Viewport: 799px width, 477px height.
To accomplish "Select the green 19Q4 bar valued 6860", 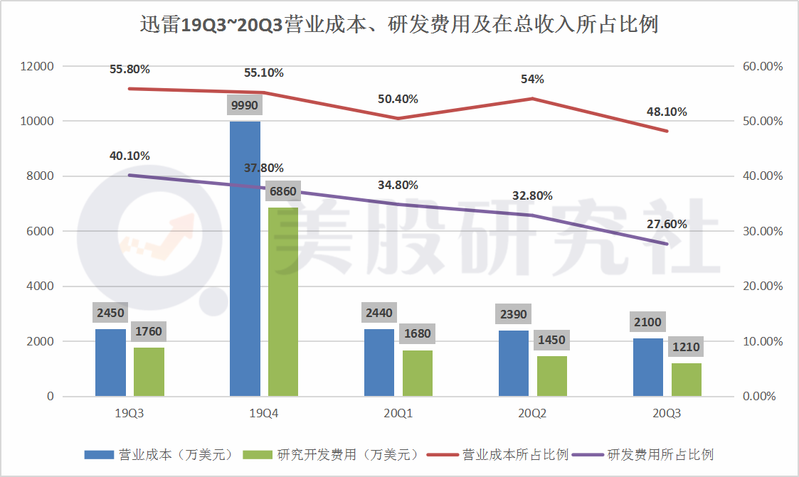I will coord(283,301).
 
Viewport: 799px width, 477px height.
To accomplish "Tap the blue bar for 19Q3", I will coord(110,363).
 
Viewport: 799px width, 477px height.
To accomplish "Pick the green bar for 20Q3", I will coord(687,380).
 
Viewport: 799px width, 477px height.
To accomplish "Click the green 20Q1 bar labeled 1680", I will coord(418,373).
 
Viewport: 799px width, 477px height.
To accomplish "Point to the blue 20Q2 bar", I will coord(514,363).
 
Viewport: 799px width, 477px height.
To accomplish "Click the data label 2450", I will coord(110,313).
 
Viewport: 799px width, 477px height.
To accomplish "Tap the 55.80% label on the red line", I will coord(129,70).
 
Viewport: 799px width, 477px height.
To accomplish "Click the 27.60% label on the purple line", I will coord(667,224).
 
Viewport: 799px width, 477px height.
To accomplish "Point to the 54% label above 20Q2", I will coord(532,79).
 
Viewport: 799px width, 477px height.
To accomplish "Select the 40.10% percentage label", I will coord(129,156).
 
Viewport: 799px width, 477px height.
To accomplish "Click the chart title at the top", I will coord(398,26).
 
